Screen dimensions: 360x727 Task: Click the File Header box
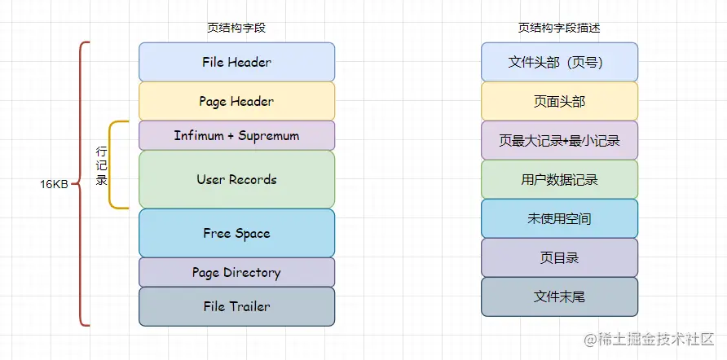pos(236,62)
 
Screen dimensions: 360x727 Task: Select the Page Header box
pos(236,101)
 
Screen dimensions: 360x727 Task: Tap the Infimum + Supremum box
pos(236,135)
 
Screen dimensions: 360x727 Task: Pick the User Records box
pos(236,179)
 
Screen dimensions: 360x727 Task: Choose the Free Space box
pos(236,233)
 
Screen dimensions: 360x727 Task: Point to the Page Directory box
pos(236,272)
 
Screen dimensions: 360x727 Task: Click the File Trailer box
pos(236,306)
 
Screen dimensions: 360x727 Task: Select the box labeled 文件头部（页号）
pos(559,62)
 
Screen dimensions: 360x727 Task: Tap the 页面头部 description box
pos(559,101)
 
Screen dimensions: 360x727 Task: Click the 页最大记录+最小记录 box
pos(559,140)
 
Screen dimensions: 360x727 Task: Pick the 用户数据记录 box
pos(559,179)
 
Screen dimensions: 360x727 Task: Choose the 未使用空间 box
pos(559,218)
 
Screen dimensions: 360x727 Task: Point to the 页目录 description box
pos(559,257)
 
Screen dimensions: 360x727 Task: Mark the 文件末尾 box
pos(559,296)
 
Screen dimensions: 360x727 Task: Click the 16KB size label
pos(54,184)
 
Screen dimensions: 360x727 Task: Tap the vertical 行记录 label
pos(102,165)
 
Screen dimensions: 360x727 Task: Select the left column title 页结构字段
pos(236,28)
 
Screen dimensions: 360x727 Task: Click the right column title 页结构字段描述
pos(559,28)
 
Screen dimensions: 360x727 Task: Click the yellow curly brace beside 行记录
pos(114,165)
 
